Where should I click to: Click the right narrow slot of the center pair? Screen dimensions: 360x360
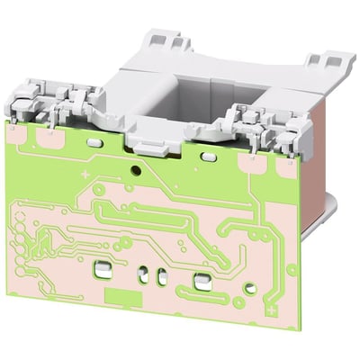[x=162, y=276]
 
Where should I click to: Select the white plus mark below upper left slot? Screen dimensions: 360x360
[x=85, y=172]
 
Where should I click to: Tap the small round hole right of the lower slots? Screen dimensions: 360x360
[x=238, y=302]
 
